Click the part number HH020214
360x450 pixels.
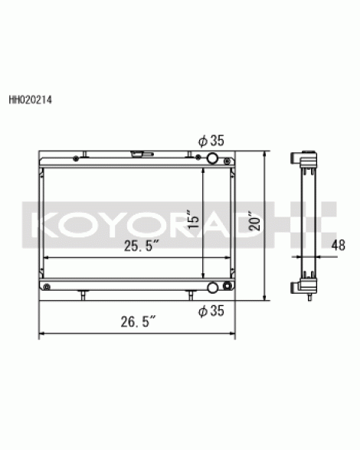click(x=31, y=100)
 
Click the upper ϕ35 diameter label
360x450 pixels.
click(x=211, y=141)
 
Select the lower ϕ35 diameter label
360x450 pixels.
click(x=211, y=311)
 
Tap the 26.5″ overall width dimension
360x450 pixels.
click(x=139, y=321)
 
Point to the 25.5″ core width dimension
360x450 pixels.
click(x=142, y=246)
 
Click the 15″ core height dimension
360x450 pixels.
click(x=193, y=220)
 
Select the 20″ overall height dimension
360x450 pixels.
click(x=254, y=221)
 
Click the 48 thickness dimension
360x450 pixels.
click(x=338, y=246)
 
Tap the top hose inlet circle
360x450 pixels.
click(x=213, y=158)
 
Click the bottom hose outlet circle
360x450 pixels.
click(x=213, y=288)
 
